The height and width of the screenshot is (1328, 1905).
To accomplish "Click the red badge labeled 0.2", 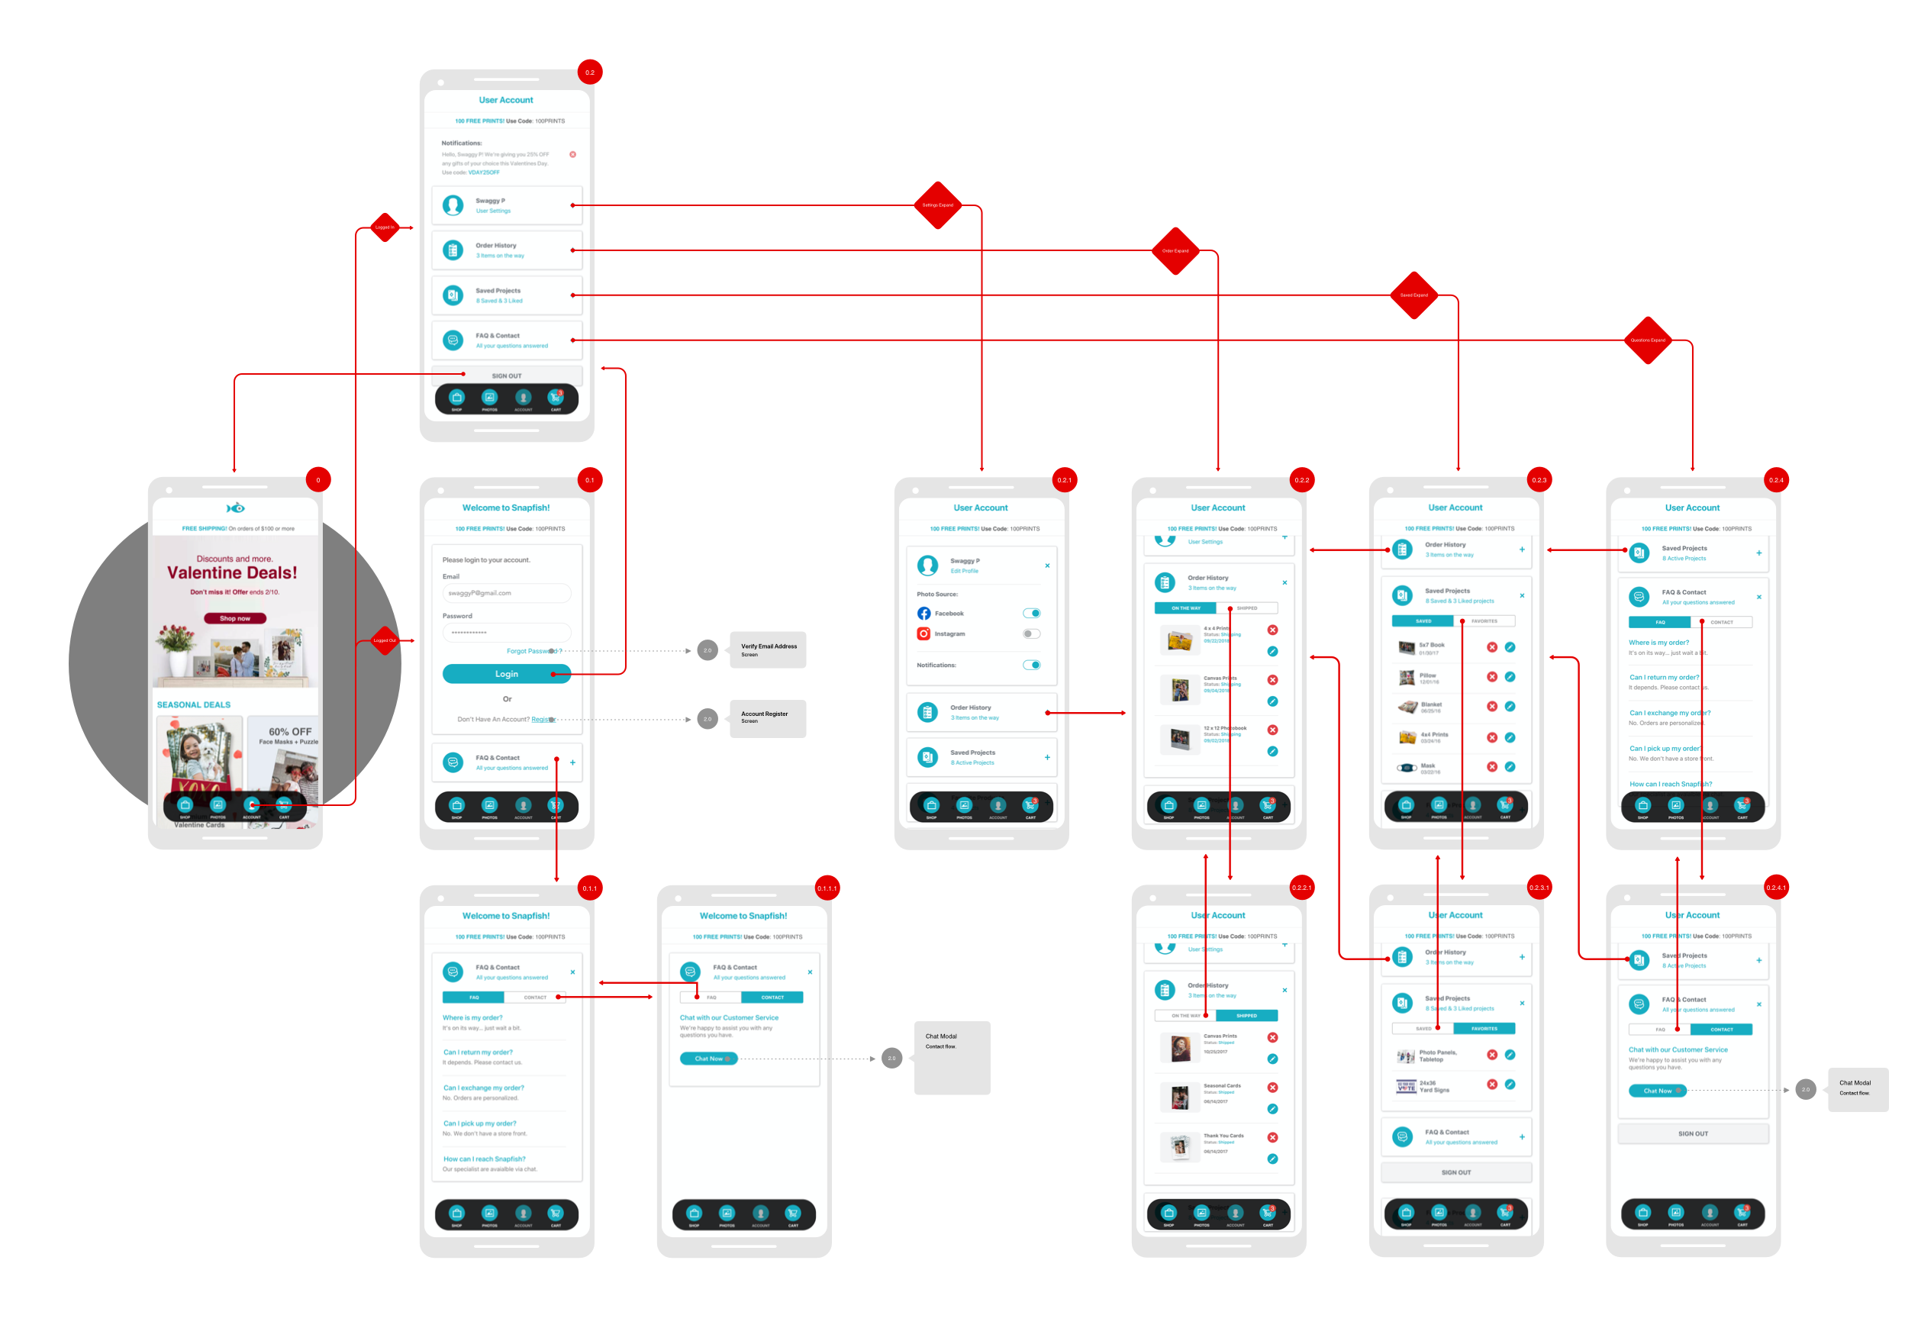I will point(590,73).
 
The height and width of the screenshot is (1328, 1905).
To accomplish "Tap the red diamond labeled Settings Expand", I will point(937,205).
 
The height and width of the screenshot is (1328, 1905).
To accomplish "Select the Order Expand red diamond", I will point(1175,250).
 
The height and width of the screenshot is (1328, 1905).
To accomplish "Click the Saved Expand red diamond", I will point(1413,295).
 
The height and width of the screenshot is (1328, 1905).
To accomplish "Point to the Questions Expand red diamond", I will point(1648,340).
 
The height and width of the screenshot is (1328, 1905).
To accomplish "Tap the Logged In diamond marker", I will point(384,227).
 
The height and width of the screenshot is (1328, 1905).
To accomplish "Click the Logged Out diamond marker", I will point(384,640).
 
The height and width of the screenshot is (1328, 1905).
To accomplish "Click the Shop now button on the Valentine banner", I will point(235,618).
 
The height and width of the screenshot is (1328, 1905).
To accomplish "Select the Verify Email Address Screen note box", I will point(768,649).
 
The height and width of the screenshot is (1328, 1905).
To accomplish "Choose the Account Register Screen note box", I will point(768,717).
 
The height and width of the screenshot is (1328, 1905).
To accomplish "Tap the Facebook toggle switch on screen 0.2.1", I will point(1031,613).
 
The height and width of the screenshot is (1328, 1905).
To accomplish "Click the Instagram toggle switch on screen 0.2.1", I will point(1031,633).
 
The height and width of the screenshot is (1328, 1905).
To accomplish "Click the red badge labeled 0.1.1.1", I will point(827,888).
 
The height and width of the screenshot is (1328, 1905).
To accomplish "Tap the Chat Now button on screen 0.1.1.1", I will point(708,1059).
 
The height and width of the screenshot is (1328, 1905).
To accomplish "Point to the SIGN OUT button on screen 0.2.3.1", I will point(1456,1172).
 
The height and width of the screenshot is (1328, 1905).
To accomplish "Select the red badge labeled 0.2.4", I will point(1776,480).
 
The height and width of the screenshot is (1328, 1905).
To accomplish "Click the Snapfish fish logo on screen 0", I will point(236,508).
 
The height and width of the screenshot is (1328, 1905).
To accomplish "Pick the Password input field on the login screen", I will point(506,632).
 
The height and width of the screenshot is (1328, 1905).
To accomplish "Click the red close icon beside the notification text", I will point(572,154).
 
